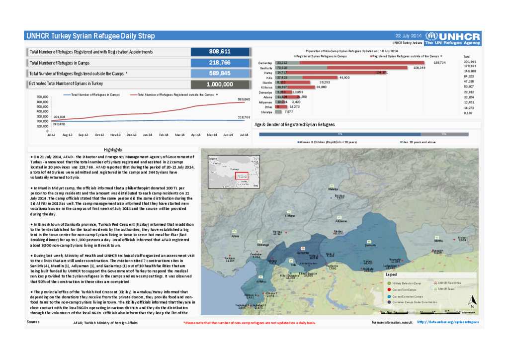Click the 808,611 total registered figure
tap(219, 52)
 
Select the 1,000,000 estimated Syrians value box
tap(219, 84)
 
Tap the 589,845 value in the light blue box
tap(219, 74)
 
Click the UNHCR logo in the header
tap(453, 36)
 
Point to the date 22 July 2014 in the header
tap(408, 36)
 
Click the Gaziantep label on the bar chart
tap(265, 63)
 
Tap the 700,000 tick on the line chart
tap(41, 97)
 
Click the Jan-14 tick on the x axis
tap(148, 134)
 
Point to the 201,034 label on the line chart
tap(59, 117)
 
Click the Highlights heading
tap(113, 150)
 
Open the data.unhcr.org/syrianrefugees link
tap(447, 322)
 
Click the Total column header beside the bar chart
tap(467, 57)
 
